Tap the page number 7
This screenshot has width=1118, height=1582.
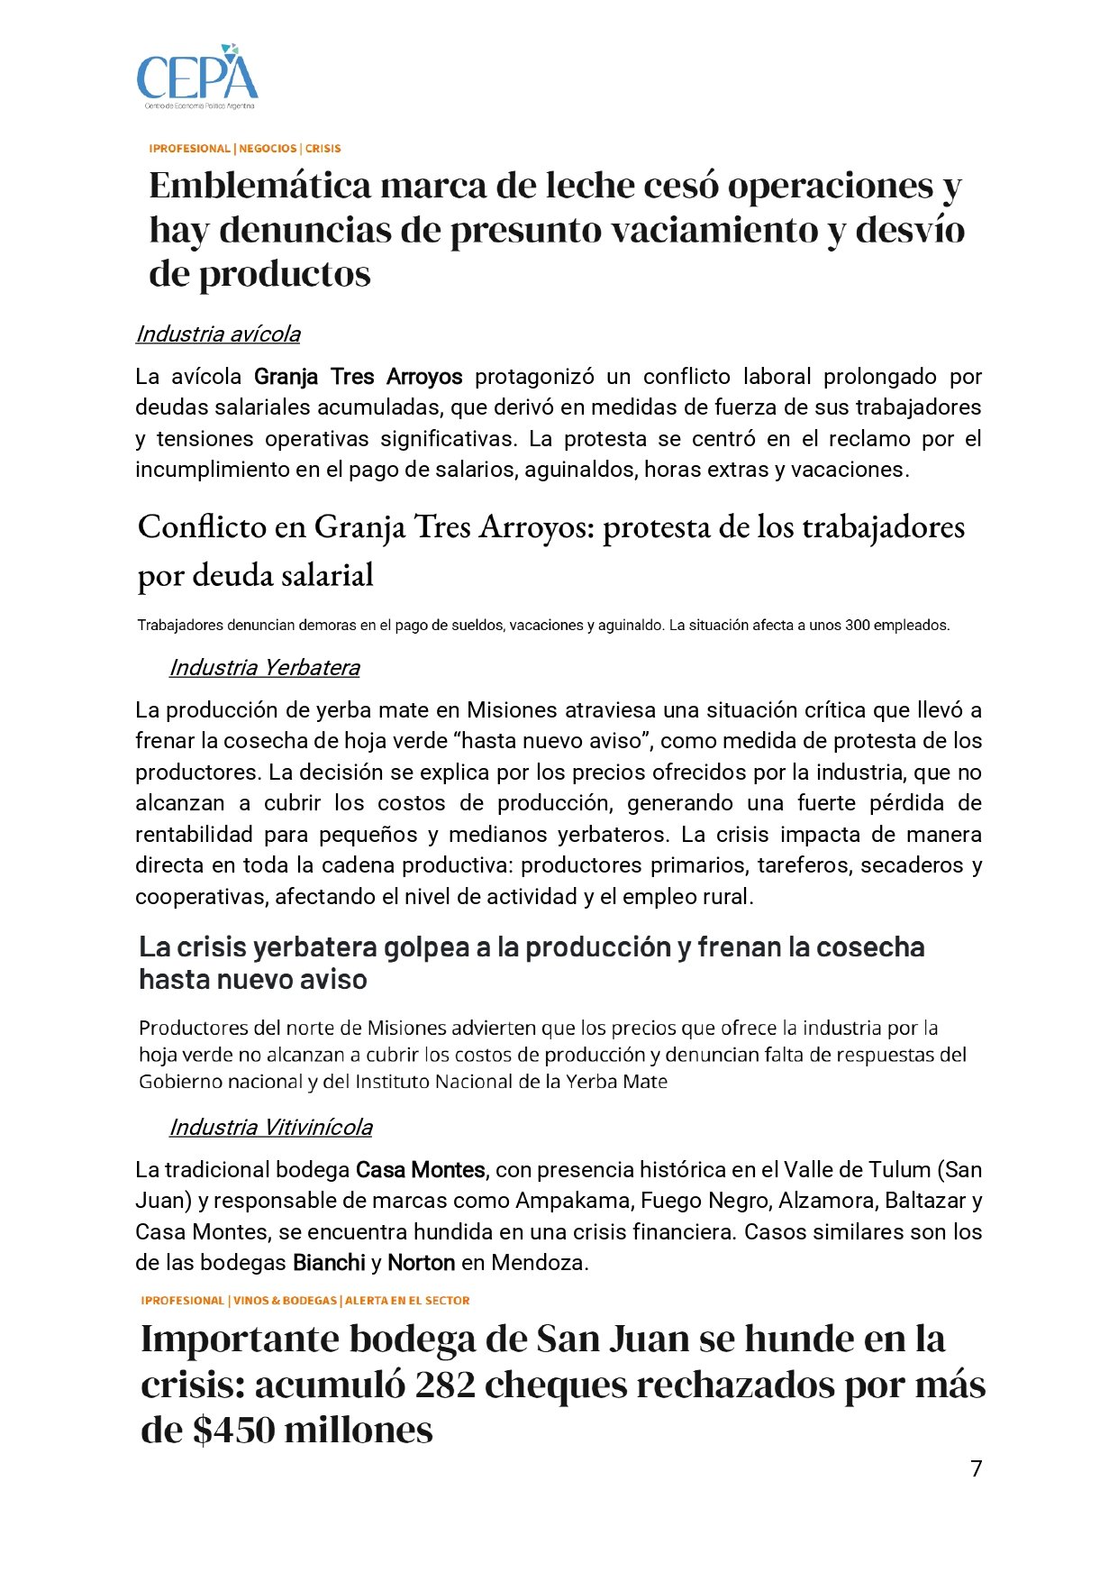pyautogui.click(x=977, y=1468)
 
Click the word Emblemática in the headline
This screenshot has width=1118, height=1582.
pyautogui.click(x=259, y=186)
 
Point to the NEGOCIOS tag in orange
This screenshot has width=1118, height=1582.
pyautogui.click(x=268, y=149)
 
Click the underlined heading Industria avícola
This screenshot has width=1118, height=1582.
pyautogui.click(x=218, y=334)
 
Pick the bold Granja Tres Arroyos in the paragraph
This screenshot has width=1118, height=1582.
pyautogui.click(x=359, y=377)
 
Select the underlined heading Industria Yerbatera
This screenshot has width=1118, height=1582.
pyautogui.click(x=265, y=668)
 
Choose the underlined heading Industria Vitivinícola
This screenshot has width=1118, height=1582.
pyautogui.click(x=271, y=1128)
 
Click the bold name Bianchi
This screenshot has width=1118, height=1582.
pyautogui.click(x=329, y=1263)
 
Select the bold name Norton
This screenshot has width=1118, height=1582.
pyautogui.click(x=421, y=1263)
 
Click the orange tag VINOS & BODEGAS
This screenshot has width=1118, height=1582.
pyautogui.click(x=286, y=1301)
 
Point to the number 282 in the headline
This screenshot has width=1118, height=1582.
pyautogui.click(x=445, y=1385)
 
